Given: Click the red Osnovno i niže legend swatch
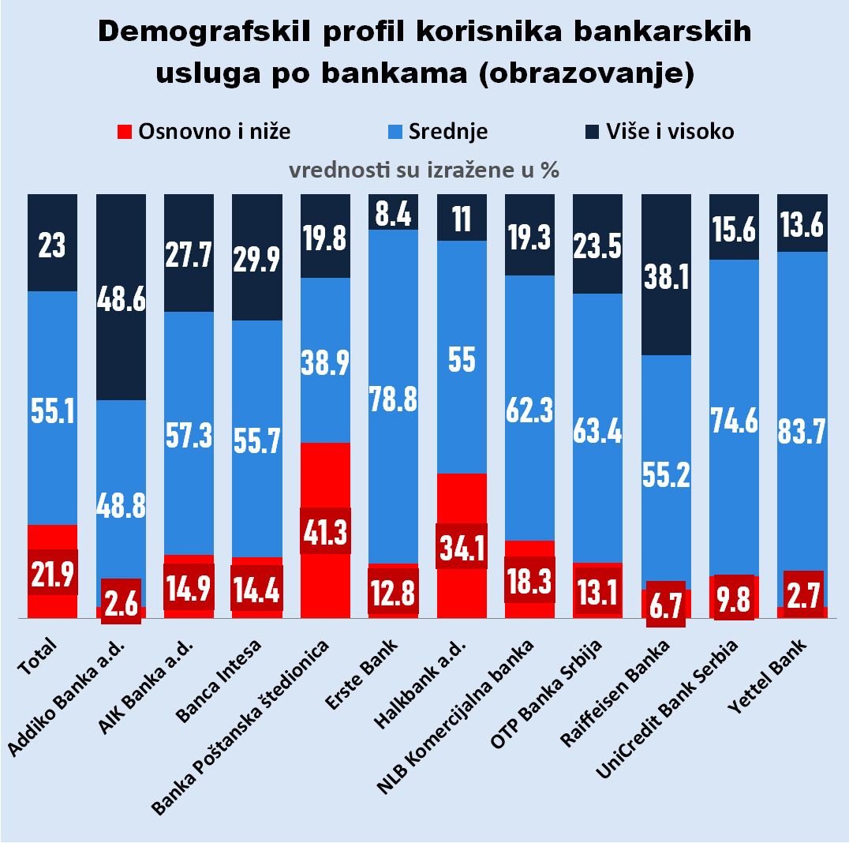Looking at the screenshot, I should pyautogui.click(x=124, y=131).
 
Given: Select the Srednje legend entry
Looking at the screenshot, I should pyautogui.click(x=447, y=131).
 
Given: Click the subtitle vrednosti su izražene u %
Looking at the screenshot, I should pyautogui.click(x=424, y=170).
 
